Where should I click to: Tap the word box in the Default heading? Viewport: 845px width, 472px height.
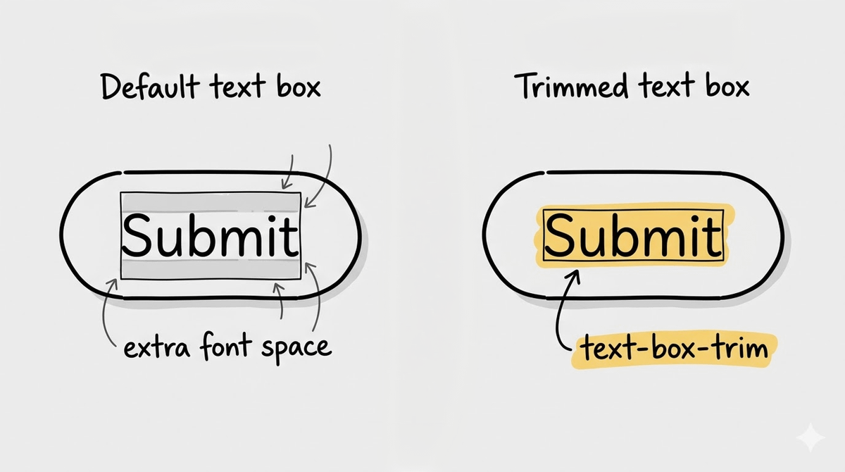[296, 87]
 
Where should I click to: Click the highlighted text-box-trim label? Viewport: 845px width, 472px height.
[670, 349]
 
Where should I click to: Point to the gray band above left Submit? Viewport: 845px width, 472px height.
[211, 202]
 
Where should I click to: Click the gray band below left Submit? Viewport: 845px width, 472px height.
[211, 268]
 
